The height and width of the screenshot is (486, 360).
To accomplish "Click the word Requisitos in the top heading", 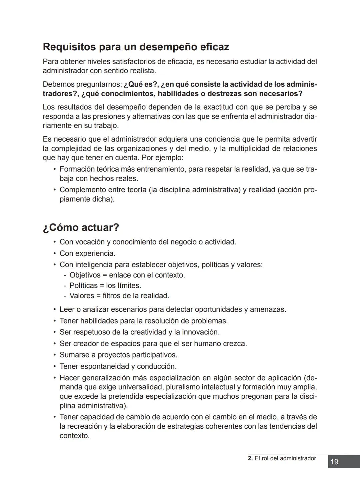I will [x=69, y=47].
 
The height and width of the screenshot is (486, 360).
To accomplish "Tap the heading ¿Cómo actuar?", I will [x=81, y=228].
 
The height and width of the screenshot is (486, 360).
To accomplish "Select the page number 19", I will [x=334, y=462].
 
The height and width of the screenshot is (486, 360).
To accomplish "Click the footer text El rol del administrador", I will [x=285, y=458].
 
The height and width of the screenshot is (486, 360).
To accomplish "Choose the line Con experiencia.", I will [x=87, y=253].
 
